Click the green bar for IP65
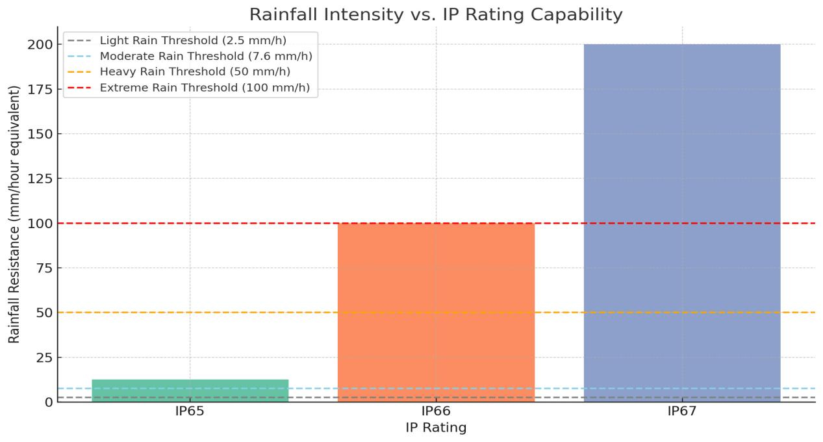[190, 391]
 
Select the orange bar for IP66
[436, 312]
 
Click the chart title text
[436, 14]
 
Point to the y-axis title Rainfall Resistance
[14, 214]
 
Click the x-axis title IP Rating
[436, 428]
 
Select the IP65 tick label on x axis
[190, 411]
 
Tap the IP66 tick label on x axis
[436, 411]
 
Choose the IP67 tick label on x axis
[681, 411]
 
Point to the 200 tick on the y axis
[40, 45]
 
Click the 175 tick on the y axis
[40, 90]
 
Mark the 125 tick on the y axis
[40, 179]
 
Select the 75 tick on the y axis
[43, 268]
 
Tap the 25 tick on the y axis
[43, 357]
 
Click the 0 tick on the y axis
[47, 402]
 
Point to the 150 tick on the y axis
[40, 134]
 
